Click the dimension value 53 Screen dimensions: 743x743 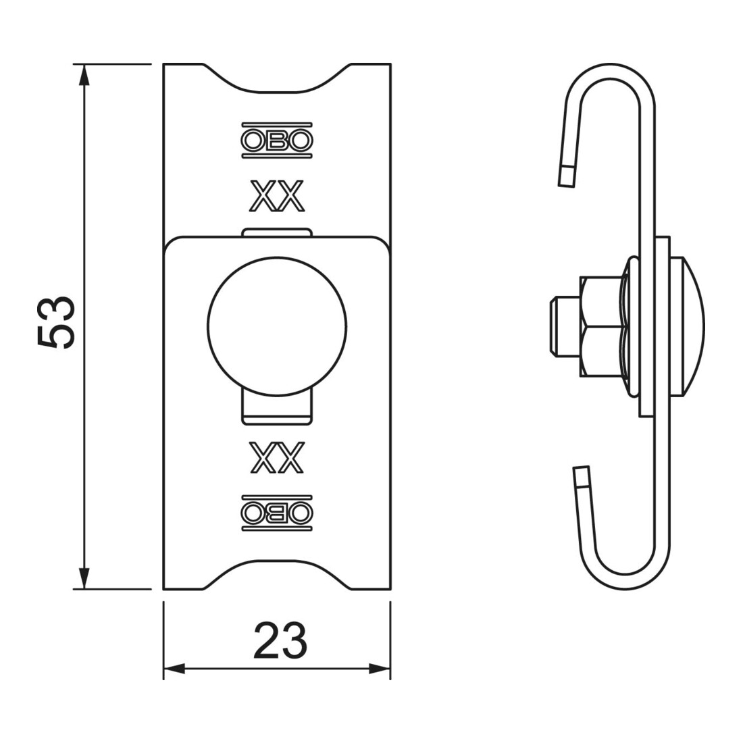pos(56,323)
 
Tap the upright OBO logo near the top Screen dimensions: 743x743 pos(277,140)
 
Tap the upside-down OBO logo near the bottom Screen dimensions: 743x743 pos(277,513)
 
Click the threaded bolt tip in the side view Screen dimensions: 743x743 pos(564,327)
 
